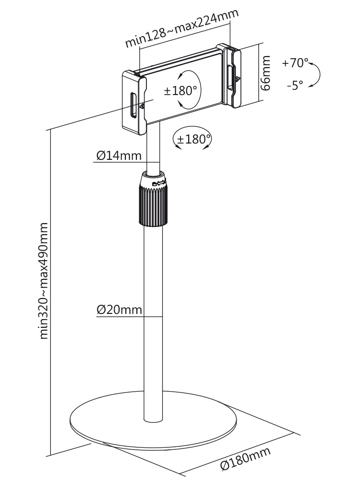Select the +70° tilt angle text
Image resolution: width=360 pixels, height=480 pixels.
point(295,63)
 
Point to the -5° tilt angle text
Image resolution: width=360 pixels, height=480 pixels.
point(295,85)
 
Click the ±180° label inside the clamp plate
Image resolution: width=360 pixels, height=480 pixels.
point(180,91)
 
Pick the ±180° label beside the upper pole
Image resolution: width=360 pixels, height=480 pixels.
point(194,139)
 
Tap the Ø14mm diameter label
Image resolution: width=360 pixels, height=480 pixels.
point(119,156)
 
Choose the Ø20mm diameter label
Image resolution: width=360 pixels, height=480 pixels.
point(120,310)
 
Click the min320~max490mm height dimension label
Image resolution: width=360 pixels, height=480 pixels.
point(44,281)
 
